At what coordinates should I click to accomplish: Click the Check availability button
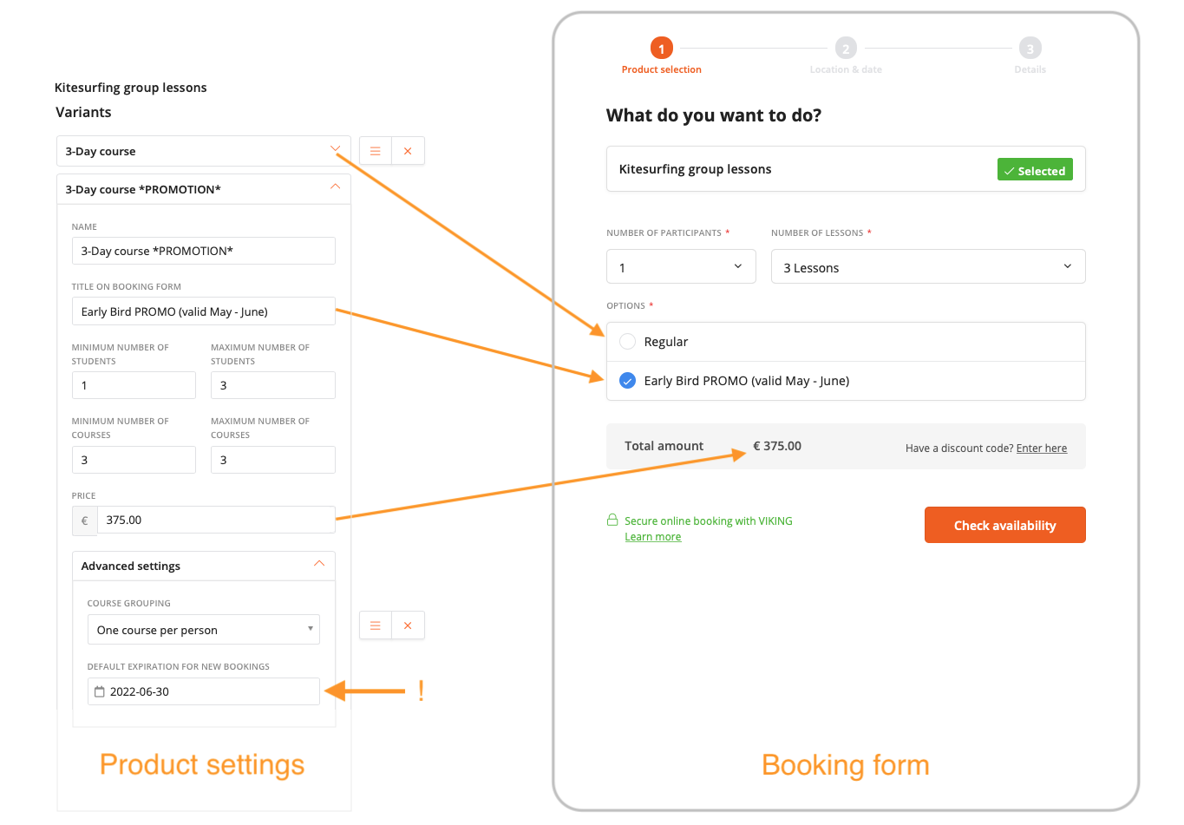(1004, 525)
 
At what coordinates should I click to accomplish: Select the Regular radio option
(628, 342)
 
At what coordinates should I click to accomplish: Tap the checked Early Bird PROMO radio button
(628, 381)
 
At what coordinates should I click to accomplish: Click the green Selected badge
(1035, 170)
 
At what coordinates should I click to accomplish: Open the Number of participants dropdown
(681, 267)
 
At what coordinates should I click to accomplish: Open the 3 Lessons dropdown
(927, 267)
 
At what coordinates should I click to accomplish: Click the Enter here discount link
(1041, 449)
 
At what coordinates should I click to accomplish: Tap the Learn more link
(652, 537)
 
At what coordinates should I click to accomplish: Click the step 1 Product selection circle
(661, 49)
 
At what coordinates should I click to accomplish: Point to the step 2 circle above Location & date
(846, 49)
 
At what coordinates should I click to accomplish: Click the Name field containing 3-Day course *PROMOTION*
(203, 251)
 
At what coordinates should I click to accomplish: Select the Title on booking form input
(203, 311)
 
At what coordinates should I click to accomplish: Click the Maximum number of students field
(272, 385)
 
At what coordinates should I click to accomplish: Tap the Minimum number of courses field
(134, 460)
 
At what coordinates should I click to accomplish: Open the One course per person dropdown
(203, 630)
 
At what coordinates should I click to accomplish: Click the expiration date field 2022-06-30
(203, 691)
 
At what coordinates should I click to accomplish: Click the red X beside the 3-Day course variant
(408, 151)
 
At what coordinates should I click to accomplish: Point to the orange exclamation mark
(421, 691)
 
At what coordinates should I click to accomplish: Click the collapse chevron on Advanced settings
(319, 565)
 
